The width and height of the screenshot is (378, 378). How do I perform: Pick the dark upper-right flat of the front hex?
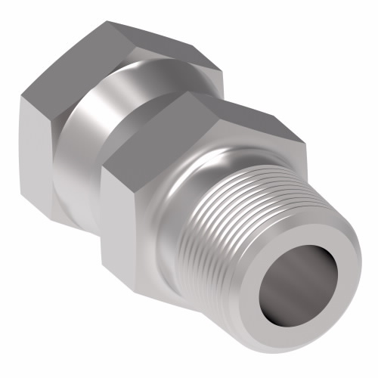click(242, 125)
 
